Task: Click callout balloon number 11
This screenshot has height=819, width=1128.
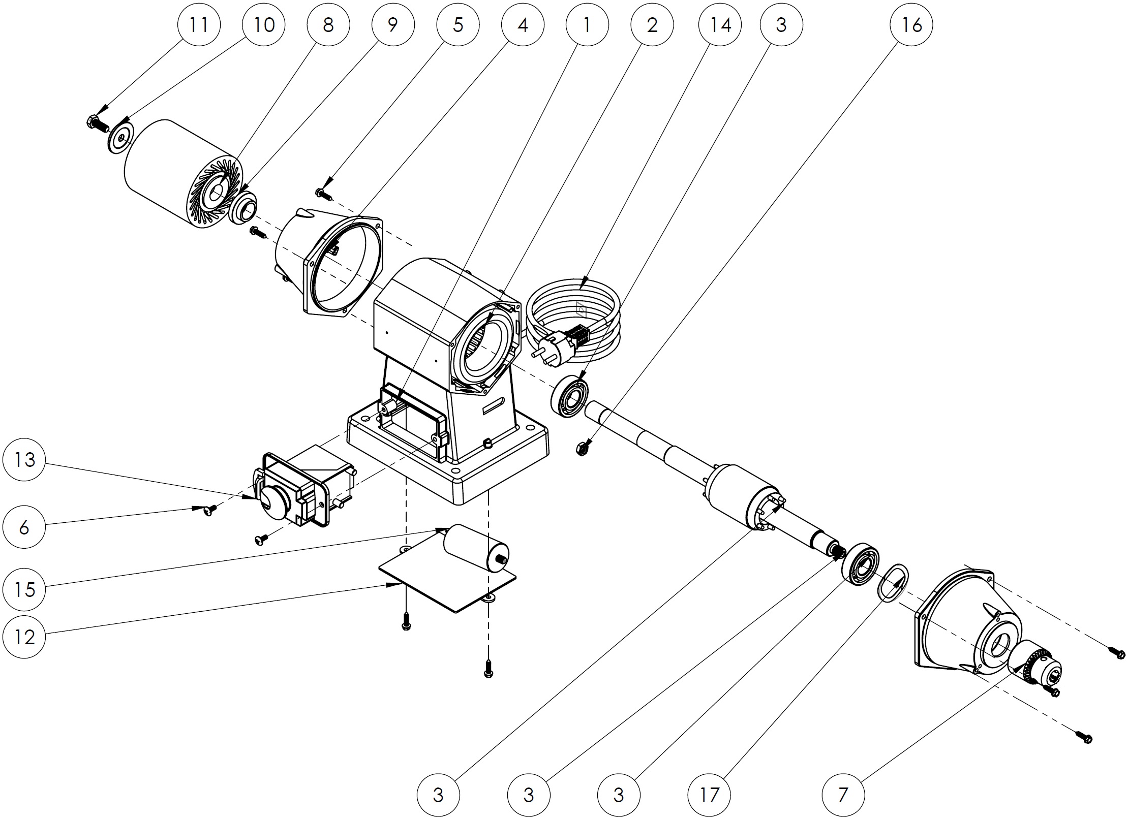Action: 199,24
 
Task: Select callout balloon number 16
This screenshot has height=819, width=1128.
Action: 911,24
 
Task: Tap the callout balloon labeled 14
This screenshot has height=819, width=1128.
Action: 720,24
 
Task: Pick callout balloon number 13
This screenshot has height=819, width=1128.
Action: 24,460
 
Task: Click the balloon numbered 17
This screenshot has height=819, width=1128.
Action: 709,795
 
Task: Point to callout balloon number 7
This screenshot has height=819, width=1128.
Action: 843,795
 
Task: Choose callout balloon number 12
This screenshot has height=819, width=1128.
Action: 24,637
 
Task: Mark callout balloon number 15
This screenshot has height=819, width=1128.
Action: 24,589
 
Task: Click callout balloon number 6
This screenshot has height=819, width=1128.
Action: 24,528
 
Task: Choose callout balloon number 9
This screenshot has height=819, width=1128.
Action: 393,24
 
